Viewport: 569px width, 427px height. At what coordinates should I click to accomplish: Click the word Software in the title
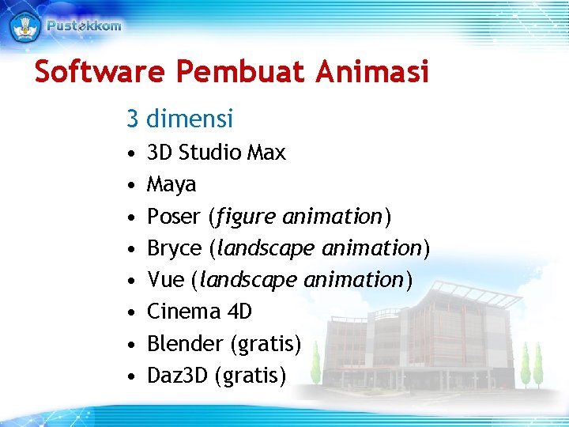pyautogui.click(x=100, y=72)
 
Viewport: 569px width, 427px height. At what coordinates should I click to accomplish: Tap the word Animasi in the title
pyautogui.click(x=373, y=72)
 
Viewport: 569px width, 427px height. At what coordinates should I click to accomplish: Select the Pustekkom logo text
pyautogui.click(x=84, y=25)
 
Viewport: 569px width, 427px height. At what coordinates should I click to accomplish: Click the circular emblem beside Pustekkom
pyautogui.click(x=24, y=25)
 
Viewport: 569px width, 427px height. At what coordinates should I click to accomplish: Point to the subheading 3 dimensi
pyautogui.click(x=179, y=119)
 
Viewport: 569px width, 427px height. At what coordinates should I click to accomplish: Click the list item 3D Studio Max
pyautogui.click(x=217, y=152)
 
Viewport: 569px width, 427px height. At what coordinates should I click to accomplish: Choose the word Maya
pyautogui.click(x=171, y=184)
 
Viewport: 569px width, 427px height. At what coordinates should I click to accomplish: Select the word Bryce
pyautogui.click(x=175, y=248)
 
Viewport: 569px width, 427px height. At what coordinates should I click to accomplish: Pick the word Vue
pyautogui.click(x=165, y=280)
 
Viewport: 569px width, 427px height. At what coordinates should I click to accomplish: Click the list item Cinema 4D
pyautogui.click(x=199, y=312)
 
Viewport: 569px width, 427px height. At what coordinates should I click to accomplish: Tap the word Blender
pyautogui.click(x=185, y=344)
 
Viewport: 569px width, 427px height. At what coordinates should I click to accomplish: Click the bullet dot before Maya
pyautogui.click(x=130, y=185)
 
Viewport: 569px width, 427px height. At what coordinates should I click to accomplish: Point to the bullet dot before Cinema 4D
pyautogui.click(x=130, y=312)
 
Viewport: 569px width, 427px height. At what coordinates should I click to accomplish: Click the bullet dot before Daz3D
pyautogui.click(x=130, y=376)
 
